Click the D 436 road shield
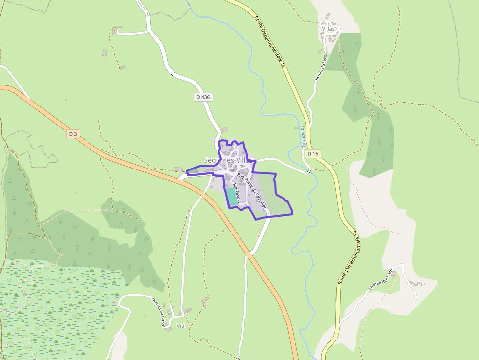coord(203,97)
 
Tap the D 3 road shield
coord(73,134)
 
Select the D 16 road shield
coord(313,154)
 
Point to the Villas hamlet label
coord(328,29)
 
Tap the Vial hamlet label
coord(181,325)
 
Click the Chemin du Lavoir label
coord(320,67)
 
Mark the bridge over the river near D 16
coord(309,171)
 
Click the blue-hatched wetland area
coord(54,313)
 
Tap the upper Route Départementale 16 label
coord(269,42)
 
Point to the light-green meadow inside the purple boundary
coord(271,195)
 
